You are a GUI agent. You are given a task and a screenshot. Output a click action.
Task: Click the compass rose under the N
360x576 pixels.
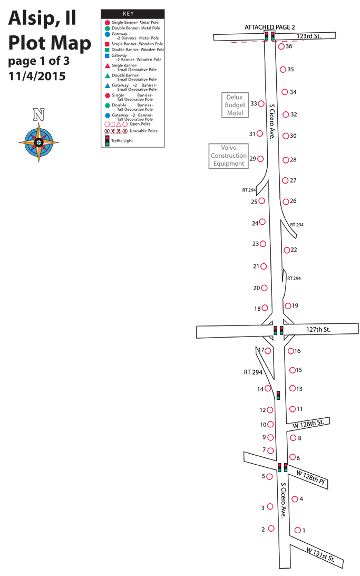coord(38,142)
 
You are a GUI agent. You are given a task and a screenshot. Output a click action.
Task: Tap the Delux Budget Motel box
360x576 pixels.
coord(235,105)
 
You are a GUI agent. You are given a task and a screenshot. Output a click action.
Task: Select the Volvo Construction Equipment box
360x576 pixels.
coord(229,156)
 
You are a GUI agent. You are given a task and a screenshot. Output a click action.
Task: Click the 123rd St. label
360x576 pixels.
coord(309,36)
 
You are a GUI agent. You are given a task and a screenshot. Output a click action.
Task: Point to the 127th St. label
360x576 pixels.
coord(318,330)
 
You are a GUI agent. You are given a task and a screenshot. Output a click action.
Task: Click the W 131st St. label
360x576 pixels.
coord(320,555)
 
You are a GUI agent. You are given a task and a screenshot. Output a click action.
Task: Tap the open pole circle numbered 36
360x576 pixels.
coord(281,46)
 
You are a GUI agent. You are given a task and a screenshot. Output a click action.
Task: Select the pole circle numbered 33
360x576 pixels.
coord(261,103)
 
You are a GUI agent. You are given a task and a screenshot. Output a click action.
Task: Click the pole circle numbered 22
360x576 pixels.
coord(287,250)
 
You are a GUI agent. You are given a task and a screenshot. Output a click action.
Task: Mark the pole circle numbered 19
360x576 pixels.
coord(288,305)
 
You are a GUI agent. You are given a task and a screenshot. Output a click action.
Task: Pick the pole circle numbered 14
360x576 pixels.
coord(268,388)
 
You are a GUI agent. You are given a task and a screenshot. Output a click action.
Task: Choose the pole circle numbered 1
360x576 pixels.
coord(298,530)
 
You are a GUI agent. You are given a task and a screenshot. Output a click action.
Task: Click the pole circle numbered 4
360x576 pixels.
coord(295,499)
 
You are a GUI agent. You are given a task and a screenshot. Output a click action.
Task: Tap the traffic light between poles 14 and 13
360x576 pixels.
coord(278,395)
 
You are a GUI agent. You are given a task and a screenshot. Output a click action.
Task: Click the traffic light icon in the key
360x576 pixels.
coord(107,141)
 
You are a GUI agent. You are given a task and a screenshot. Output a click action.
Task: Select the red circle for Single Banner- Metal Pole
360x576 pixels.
coord(107,23)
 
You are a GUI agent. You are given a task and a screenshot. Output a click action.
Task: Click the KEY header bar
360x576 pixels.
coord(132,14)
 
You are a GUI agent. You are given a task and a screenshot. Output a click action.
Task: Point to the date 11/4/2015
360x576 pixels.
coord(37,76)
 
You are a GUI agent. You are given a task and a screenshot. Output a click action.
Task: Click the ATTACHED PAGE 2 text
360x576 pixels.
coord(270,27)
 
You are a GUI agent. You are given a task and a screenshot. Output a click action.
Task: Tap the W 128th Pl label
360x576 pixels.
coord(310,477)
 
